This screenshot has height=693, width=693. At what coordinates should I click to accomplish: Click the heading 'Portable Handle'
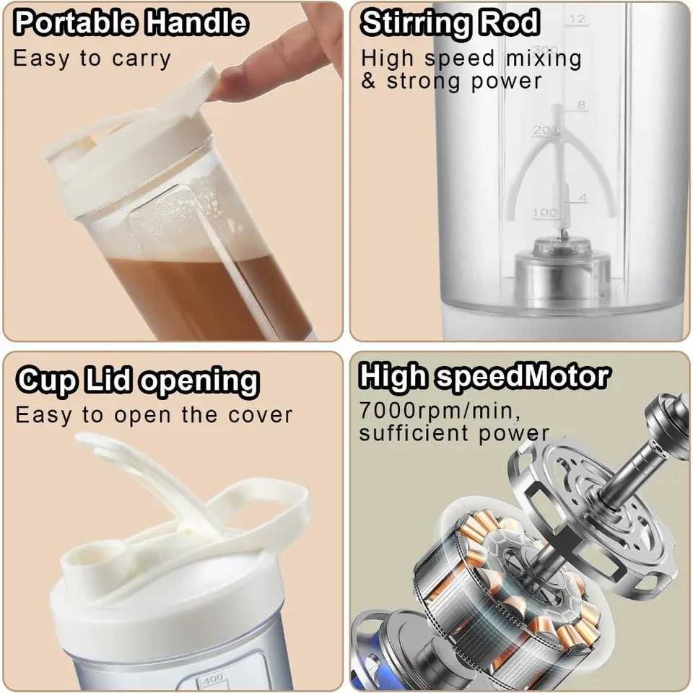tap(131, 24)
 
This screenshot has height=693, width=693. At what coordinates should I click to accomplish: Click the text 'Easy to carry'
tap(92, 58)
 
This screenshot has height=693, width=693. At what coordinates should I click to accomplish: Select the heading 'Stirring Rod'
tap(450, 23)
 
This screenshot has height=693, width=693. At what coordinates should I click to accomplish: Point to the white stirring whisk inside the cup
tap(556, 166)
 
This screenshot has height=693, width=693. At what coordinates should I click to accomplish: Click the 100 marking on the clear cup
tap(545, 213)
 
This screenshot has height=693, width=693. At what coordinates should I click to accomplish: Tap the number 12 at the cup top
tap(577, 19)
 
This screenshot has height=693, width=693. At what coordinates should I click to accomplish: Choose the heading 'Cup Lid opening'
tap(137, 380)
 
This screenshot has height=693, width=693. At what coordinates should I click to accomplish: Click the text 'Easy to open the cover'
tap(154, 415)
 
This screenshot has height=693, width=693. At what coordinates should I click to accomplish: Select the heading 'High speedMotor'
tap(484, 376)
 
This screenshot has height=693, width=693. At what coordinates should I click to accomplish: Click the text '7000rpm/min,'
tap(440, 411)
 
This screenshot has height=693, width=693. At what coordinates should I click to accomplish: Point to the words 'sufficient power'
tap(454, 433)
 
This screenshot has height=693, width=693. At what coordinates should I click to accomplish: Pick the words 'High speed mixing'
tap(471, 58)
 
